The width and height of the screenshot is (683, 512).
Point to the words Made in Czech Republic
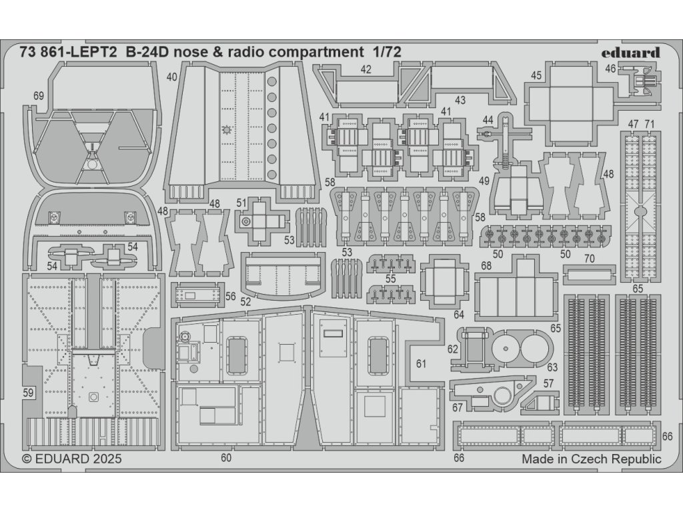(591, 459)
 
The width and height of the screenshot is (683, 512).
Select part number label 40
(172, 77)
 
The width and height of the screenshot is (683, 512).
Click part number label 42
(366, 69)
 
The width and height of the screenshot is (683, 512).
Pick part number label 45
(536, 76)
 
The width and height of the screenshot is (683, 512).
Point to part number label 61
(420, 364)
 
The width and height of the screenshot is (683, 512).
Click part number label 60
(225, 458)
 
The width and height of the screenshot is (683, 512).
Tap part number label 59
(27, 393)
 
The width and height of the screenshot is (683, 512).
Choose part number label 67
(458, 407)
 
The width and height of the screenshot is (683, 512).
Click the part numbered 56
(195, 294)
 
